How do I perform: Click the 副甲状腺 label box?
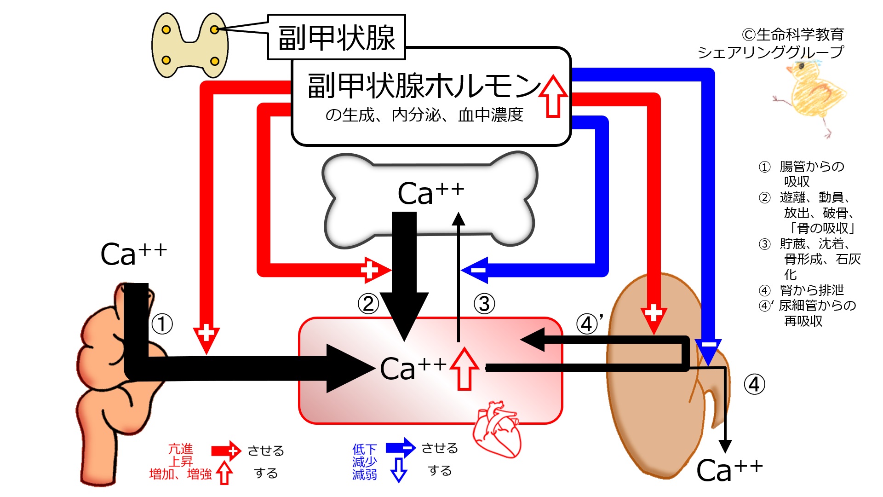[336, 37]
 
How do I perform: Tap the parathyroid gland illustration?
[190, 45]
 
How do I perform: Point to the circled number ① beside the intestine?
[162, 324]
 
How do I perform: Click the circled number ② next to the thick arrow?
[368, 304]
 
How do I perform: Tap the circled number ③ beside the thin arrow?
[484, 304]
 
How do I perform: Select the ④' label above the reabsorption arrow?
[590, 324]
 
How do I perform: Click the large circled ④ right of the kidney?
[754, 384]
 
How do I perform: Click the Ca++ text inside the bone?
[430, 193]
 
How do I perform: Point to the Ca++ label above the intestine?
[133, 254]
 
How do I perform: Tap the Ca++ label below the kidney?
[729, 470]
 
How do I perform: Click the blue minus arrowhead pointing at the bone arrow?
[476, 270]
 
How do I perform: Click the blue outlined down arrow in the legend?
[398, 469]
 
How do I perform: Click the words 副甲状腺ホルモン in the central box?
[423, 86]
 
